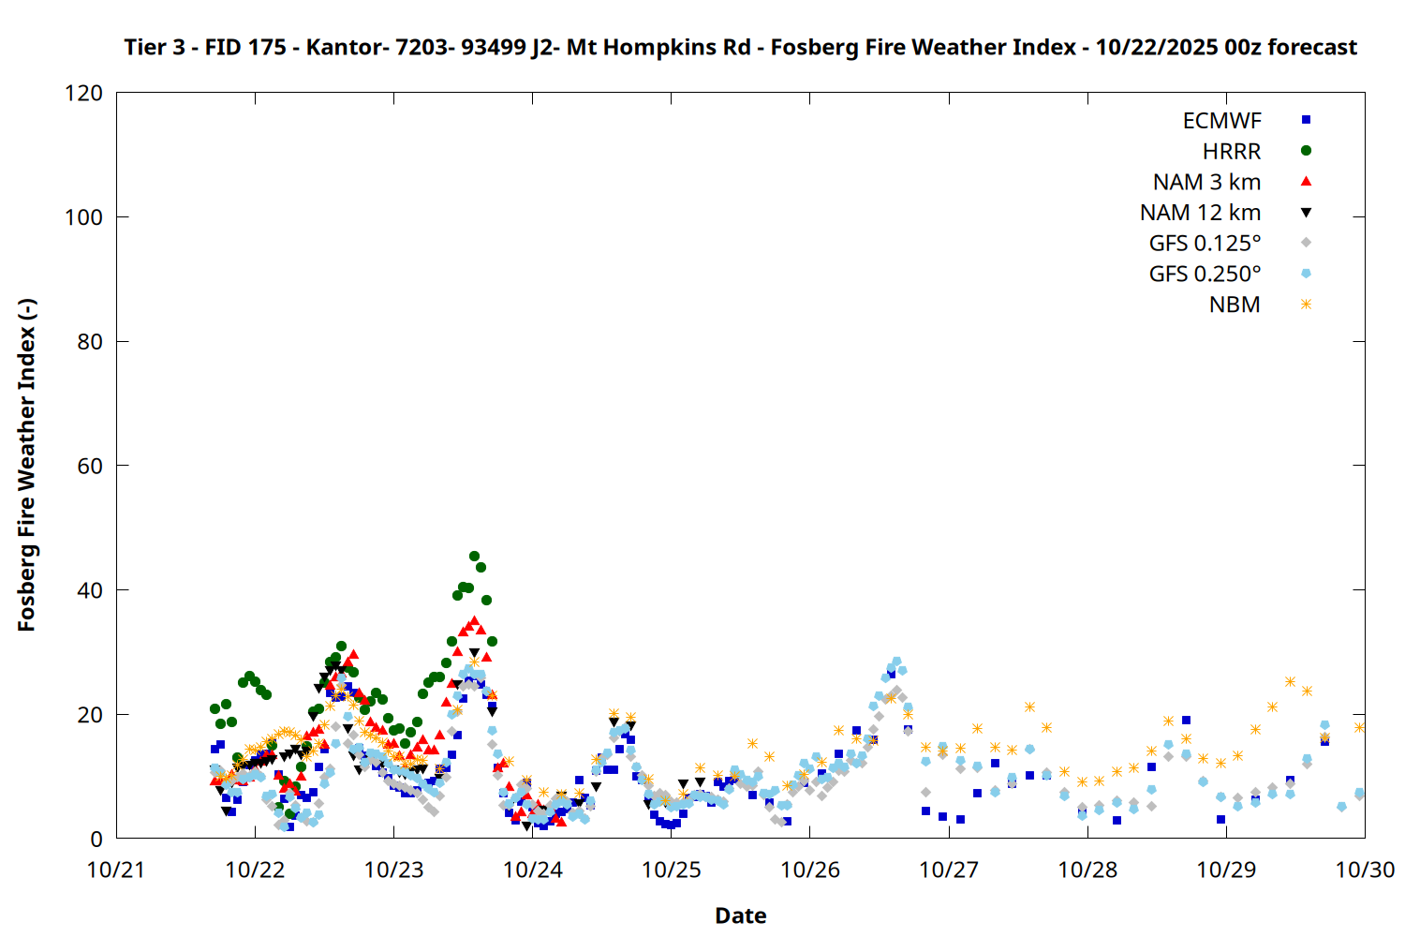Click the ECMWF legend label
1221,121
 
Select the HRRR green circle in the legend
1306,151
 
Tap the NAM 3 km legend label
1206,182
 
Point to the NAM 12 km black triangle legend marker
1306,213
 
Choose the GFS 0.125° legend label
1205,244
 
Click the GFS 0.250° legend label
1205,275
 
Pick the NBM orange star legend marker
1306,305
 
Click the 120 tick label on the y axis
83,93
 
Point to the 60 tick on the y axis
90,466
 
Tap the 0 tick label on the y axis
96,839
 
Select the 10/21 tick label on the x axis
116,870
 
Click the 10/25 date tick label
671,870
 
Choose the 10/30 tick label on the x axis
1365,870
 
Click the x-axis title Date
740,915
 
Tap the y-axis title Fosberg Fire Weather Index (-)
26,466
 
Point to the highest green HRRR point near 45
474,557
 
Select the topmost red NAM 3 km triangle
474,620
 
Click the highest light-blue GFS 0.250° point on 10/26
896,662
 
